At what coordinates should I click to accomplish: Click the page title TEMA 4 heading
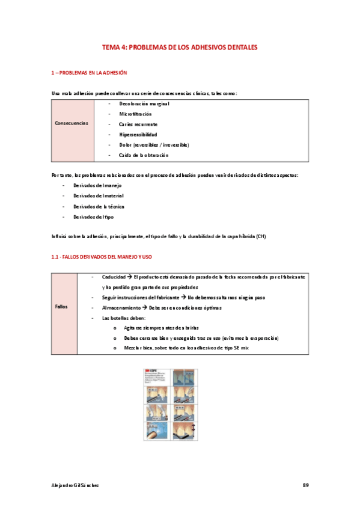(180, 46)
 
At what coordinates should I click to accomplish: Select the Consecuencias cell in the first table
(72, 123)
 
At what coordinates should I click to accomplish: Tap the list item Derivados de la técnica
(99, 206)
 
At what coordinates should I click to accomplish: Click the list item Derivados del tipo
(93, 217)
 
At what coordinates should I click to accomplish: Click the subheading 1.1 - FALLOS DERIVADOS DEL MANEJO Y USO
(101, 257)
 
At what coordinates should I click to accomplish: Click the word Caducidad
(114, 277)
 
